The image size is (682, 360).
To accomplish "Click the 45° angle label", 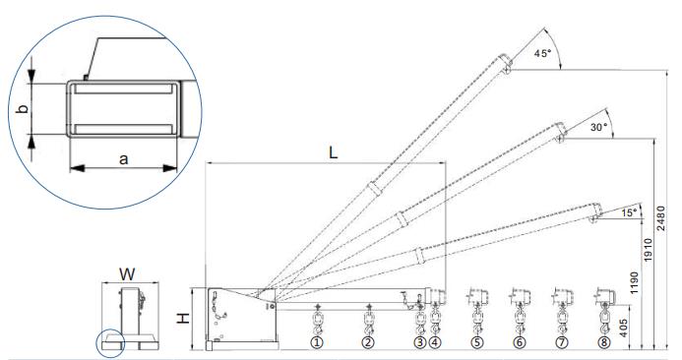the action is tap(542, 53).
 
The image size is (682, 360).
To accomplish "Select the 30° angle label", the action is tap(598, 128).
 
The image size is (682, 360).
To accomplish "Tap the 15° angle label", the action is tap(629, 213).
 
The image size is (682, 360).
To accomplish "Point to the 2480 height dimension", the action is tap(660, 218).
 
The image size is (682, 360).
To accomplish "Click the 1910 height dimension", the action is tap(649, 250).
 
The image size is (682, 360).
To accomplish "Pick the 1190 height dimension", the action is tap(635, 282).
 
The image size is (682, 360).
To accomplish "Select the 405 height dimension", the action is tap(623, 329).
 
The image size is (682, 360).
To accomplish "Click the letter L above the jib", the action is tap(333, 152).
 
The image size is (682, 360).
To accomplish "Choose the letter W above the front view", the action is tap(127, 274).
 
